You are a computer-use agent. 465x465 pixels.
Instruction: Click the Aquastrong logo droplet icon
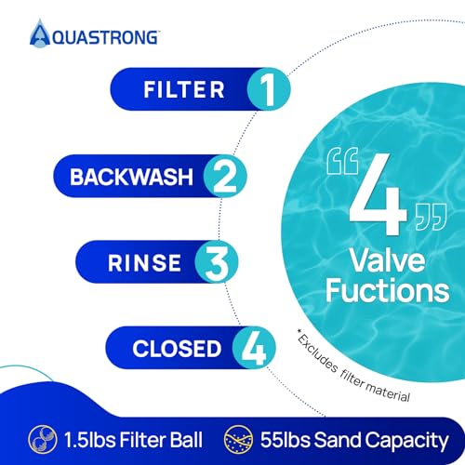[40, 33]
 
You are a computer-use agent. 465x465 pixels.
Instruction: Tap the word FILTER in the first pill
[184, 90]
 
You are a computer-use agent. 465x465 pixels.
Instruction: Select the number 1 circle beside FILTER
[269, 89]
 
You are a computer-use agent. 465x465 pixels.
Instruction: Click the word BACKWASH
[131, 177]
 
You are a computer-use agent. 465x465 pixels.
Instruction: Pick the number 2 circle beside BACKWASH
[225, 176]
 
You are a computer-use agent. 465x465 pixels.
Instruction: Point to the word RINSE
[144, 263]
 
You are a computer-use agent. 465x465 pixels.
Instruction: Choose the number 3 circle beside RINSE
[217, 261]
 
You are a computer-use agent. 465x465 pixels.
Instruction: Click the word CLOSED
[177, 349]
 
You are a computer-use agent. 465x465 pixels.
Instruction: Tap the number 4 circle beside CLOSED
[254, 348]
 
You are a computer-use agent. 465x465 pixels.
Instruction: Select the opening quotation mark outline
[342, 161]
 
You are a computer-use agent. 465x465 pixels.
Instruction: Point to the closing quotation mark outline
[431, 217]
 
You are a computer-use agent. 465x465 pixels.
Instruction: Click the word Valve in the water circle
[388, 260]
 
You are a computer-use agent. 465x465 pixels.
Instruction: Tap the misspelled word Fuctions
[388, 290]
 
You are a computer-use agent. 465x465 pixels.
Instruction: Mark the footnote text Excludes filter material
[353, 367]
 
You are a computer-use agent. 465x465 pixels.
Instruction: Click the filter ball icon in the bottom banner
[43, 440]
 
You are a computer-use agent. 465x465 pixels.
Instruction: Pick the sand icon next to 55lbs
[238, 440]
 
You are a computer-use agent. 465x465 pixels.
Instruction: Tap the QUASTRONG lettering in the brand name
[105, 38]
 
